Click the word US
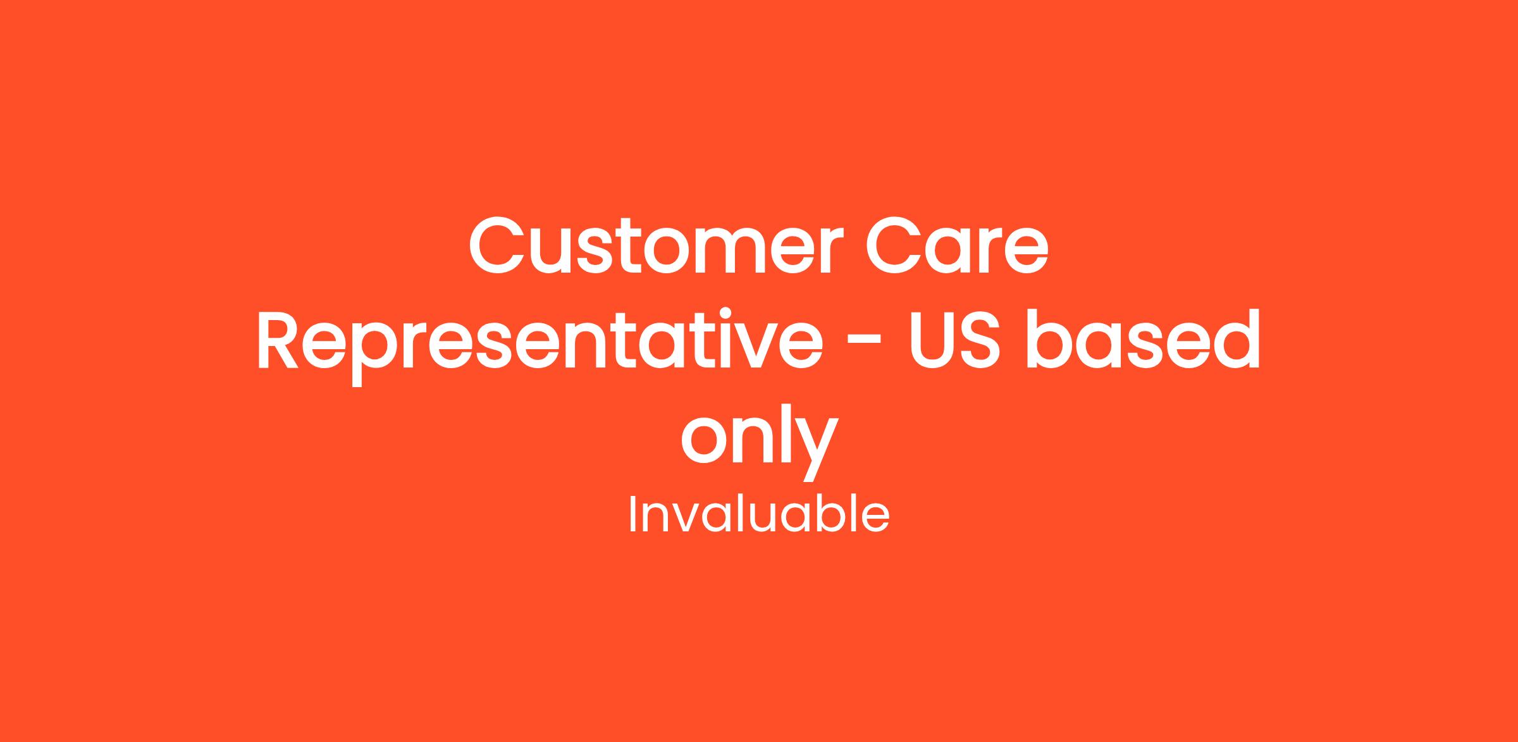click(x=954, y=338)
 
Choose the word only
click(x=760, y=439)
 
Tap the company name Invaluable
click(x=759, y=514)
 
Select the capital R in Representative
click(x=278, y=338)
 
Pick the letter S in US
click(x=980, y=338)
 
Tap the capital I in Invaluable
click(x=632, y=514)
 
